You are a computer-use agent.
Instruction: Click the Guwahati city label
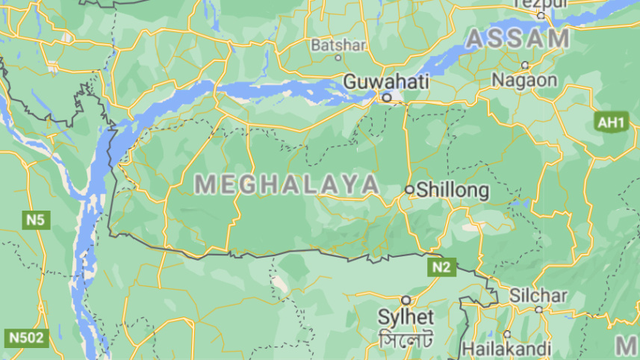(386, 81)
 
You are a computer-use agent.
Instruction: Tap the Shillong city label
(453, 190)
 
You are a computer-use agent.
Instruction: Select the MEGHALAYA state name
(286, 184)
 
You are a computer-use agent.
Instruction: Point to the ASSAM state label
(518, 39)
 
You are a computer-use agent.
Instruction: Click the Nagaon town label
(525, 80)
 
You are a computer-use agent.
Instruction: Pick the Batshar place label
(338, 45)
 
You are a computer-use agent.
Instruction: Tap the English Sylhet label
(406, 316)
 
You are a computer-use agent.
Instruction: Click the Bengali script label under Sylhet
(406, 340)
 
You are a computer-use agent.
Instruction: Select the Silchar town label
(538, 295)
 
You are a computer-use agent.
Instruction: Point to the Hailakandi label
(506, 348)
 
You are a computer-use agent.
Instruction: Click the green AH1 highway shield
(611, 122)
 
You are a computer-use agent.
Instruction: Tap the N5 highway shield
(35, 220)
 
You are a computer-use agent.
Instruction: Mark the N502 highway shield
(26, 338)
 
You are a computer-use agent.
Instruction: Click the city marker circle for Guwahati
(386, 97)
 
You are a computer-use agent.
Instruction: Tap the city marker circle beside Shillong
(409, 190)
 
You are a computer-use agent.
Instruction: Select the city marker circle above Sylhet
(406, 300)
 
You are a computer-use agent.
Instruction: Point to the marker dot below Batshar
(338, 58)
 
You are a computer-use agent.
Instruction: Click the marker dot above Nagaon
(525, 65)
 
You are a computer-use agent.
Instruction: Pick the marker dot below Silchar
(538, 309)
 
